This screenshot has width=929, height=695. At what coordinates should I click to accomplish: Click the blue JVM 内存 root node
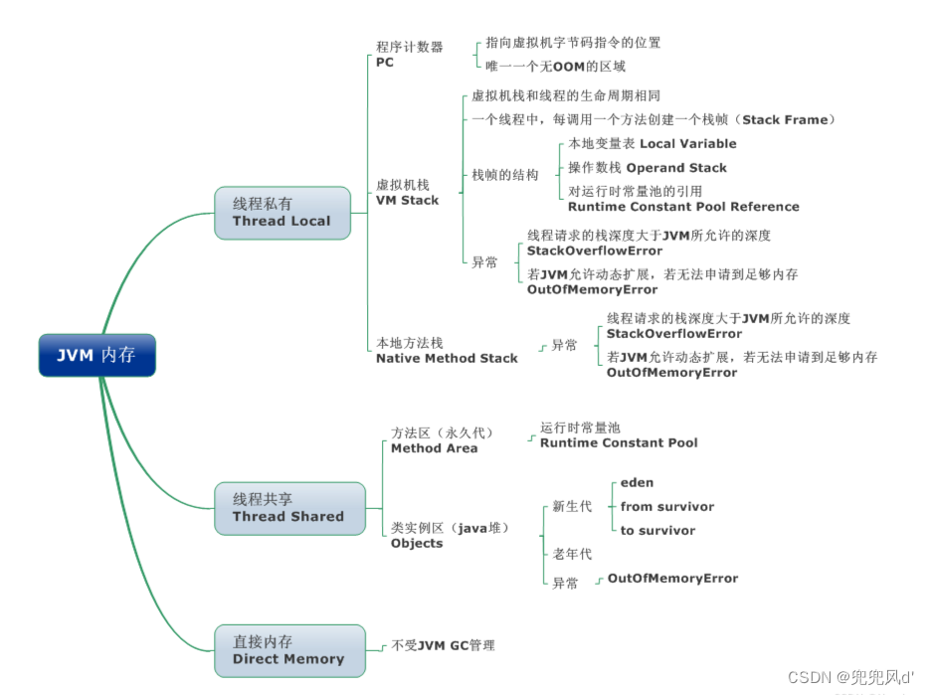(x=96, y=355)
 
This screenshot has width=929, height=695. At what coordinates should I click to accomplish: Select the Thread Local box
(x=281, y=213)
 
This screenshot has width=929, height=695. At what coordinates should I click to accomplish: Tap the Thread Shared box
(x=288, y=508)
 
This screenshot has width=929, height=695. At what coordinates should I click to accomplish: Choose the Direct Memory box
(x=288, y=650)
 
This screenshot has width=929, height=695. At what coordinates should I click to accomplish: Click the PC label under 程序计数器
(x=385, y=63)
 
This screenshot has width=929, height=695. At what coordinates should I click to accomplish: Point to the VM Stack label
(x=407, y=200)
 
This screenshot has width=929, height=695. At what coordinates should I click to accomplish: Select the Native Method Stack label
(x=447, y=358)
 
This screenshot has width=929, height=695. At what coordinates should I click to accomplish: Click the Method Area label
(x=434, y=448)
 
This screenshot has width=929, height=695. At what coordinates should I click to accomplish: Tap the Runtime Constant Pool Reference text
(x=682, y=207)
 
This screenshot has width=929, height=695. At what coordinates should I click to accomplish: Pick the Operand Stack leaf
(x=648, y=168)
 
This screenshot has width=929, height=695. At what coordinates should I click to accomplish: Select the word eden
(x=637, y=482)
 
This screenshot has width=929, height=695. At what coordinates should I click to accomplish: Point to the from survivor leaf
(x=666, y=506)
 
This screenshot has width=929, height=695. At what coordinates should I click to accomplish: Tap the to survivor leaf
(x=657, y=530)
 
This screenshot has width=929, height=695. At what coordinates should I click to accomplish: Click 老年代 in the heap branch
(x=572, y=554)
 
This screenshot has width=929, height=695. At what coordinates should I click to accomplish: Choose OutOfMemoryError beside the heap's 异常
(x=672, y=578)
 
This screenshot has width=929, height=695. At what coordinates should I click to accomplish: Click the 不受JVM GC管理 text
(x=443, y=645)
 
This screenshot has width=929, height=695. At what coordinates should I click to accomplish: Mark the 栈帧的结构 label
(x=505, y=175)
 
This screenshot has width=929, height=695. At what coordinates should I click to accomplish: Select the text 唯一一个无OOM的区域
(x=555, y=67)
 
